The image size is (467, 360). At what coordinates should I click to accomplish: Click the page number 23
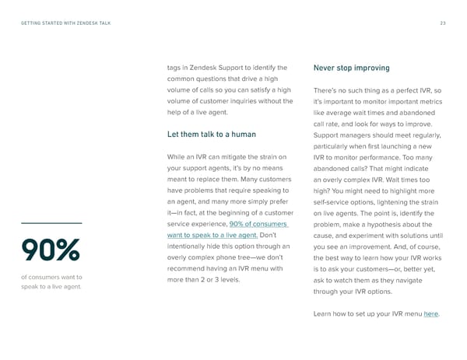[443, 23]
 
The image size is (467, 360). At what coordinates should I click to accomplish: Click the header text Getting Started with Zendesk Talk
[65, 23]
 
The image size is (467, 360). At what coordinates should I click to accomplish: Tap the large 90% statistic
[51, 250]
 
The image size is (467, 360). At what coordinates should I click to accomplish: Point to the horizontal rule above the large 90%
[51, 224]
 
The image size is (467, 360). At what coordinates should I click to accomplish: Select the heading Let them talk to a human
[212, 134]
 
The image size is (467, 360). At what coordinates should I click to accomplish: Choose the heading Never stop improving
[351, 68]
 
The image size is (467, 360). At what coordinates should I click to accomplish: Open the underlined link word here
[430, 313]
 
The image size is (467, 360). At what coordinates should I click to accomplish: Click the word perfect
[402, 90]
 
